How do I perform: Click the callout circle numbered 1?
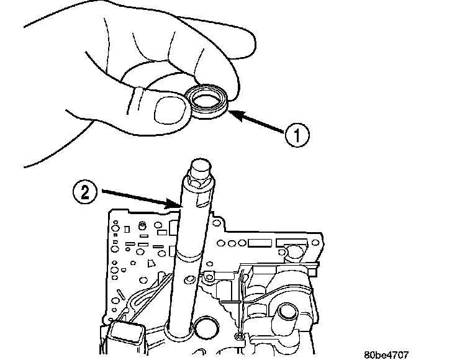pyautogui.click(x=297, y=135)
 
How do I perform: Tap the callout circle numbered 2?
pyautogui.click(x=84, y=192)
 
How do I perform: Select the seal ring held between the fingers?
pyautogui.click(x=208, y=101)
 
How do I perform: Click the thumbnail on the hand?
pyautogui.click(x=170, y=111)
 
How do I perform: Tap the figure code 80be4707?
pyautogui.click(x=386, y=355)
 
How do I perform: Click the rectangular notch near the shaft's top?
pyautogui.click(x=203, y=201)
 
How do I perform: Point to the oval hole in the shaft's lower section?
pyautogui.click(x=189, y=279)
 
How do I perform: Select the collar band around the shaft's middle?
pyautogui.click(x=188, y=255)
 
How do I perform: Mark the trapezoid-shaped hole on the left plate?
pyautogui.click(x=151, y=263)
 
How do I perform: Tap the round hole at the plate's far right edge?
pyautogui.click(x=315, y=242)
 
